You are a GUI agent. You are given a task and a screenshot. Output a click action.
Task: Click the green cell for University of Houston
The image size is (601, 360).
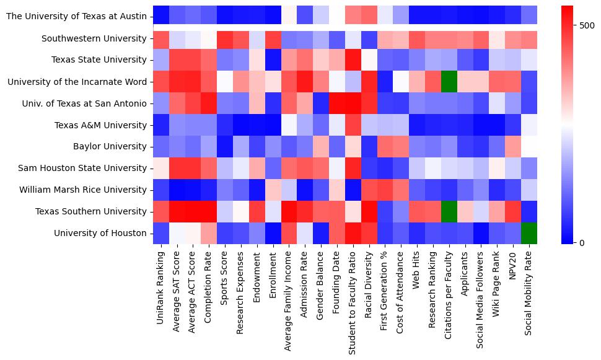pyautogui.click(x=529, y=233)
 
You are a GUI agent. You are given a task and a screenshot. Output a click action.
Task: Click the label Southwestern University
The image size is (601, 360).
pyautogui.click(x=95, y=38)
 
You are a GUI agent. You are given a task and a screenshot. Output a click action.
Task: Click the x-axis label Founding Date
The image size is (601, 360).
pyautogui.click(x=336, y=283)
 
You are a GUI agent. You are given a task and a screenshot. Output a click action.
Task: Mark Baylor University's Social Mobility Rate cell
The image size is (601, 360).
pyautogui.click(x=529, y=146)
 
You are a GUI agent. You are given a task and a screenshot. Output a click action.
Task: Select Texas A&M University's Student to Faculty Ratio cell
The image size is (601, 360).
pyautogui.click(x=353, y=125)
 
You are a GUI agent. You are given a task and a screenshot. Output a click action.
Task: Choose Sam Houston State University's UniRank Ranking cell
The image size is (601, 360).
pyautogui.click(x=161, y=168)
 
